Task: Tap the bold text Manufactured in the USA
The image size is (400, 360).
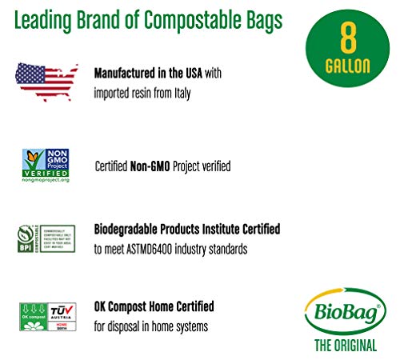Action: pos(149,73)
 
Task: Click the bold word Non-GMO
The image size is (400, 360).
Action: pos(149,166)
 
